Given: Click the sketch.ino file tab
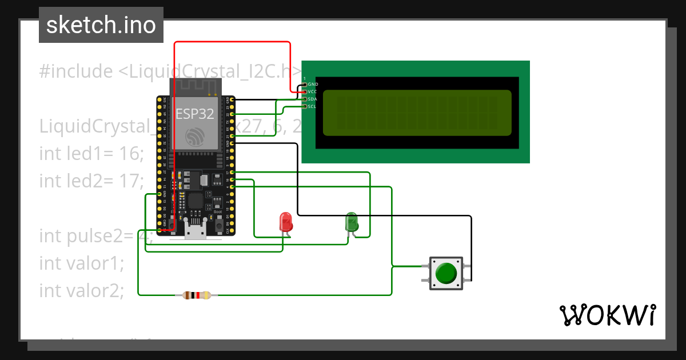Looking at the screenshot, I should (101, 25).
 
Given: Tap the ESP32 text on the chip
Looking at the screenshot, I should (194, 114).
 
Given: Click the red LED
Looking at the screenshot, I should (285, 222).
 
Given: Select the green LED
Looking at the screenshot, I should (351, 222).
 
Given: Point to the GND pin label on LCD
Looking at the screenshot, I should (313, 84).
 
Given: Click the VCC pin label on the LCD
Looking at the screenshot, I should (312, 91).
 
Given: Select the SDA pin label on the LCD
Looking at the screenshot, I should (312, 99).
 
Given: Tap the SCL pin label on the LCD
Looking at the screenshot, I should (312, 106).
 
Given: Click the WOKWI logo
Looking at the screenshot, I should (607, 315).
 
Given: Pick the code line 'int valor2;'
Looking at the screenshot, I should (81, 290).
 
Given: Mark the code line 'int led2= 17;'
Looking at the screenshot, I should (91, 181).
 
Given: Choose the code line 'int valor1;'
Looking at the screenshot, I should (81, 263).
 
